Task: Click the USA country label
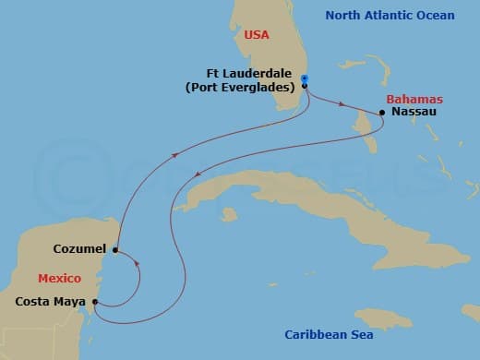[x=256, y=34]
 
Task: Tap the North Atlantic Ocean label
[x=378, y=16]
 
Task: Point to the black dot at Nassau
[x=382, y=114]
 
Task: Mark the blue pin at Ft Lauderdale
[x=305, y=79]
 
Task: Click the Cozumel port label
[x=81, y=249]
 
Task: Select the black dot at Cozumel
[x=115, y=249]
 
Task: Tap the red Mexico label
[x=60, y=278]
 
